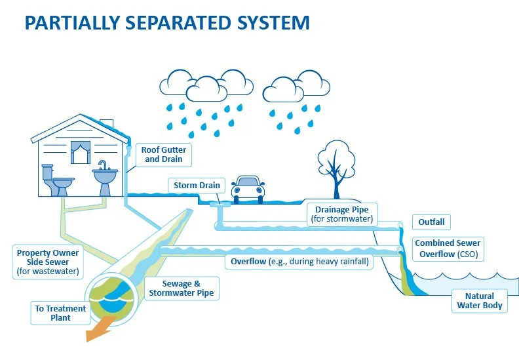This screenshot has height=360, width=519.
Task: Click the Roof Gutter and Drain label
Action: tap(163, 155)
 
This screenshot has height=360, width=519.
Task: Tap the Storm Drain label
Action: tap(197, 186)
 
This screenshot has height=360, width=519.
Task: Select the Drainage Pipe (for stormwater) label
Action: tap(342, 214)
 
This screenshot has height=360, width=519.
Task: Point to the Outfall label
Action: tap(431, 222)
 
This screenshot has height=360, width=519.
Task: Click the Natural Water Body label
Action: tap(480, 300)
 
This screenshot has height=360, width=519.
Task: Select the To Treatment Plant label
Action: tap(60, 313)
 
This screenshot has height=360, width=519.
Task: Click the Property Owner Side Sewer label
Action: tap(48, 262)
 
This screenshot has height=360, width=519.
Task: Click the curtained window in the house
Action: tap(80, 153)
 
